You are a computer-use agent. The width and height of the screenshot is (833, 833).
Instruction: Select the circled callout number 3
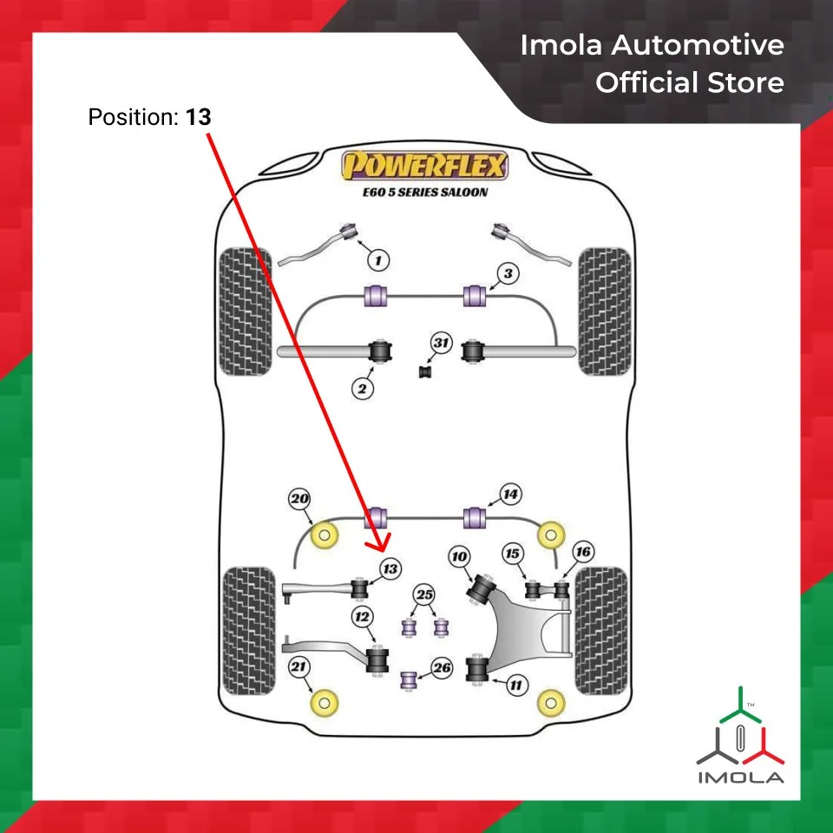(508, 274)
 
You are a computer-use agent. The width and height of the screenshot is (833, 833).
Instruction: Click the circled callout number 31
(442, 344)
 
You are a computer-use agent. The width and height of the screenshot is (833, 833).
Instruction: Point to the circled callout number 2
(364, 388)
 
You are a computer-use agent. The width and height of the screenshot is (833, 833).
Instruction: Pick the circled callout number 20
(300, 500)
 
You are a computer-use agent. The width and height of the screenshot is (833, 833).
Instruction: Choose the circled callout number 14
(510, 495)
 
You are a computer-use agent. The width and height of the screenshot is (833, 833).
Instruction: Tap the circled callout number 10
(458, 556)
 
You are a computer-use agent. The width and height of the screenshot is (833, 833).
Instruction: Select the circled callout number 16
(582, 552)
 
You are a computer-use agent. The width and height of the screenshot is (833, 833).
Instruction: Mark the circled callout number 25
(423, 595)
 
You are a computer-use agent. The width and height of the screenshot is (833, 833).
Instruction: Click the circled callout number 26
(442, 668)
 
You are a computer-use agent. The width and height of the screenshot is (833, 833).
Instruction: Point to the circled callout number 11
(516, 685)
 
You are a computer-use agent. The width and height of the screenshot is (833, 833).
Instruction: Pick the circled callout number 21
(299, 667)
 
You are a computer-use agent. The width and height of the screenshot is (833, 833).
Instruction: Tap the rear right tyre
(601, 630)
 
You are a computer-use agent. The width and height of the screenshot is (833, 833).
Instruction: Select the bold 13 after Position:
(197, 116)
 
